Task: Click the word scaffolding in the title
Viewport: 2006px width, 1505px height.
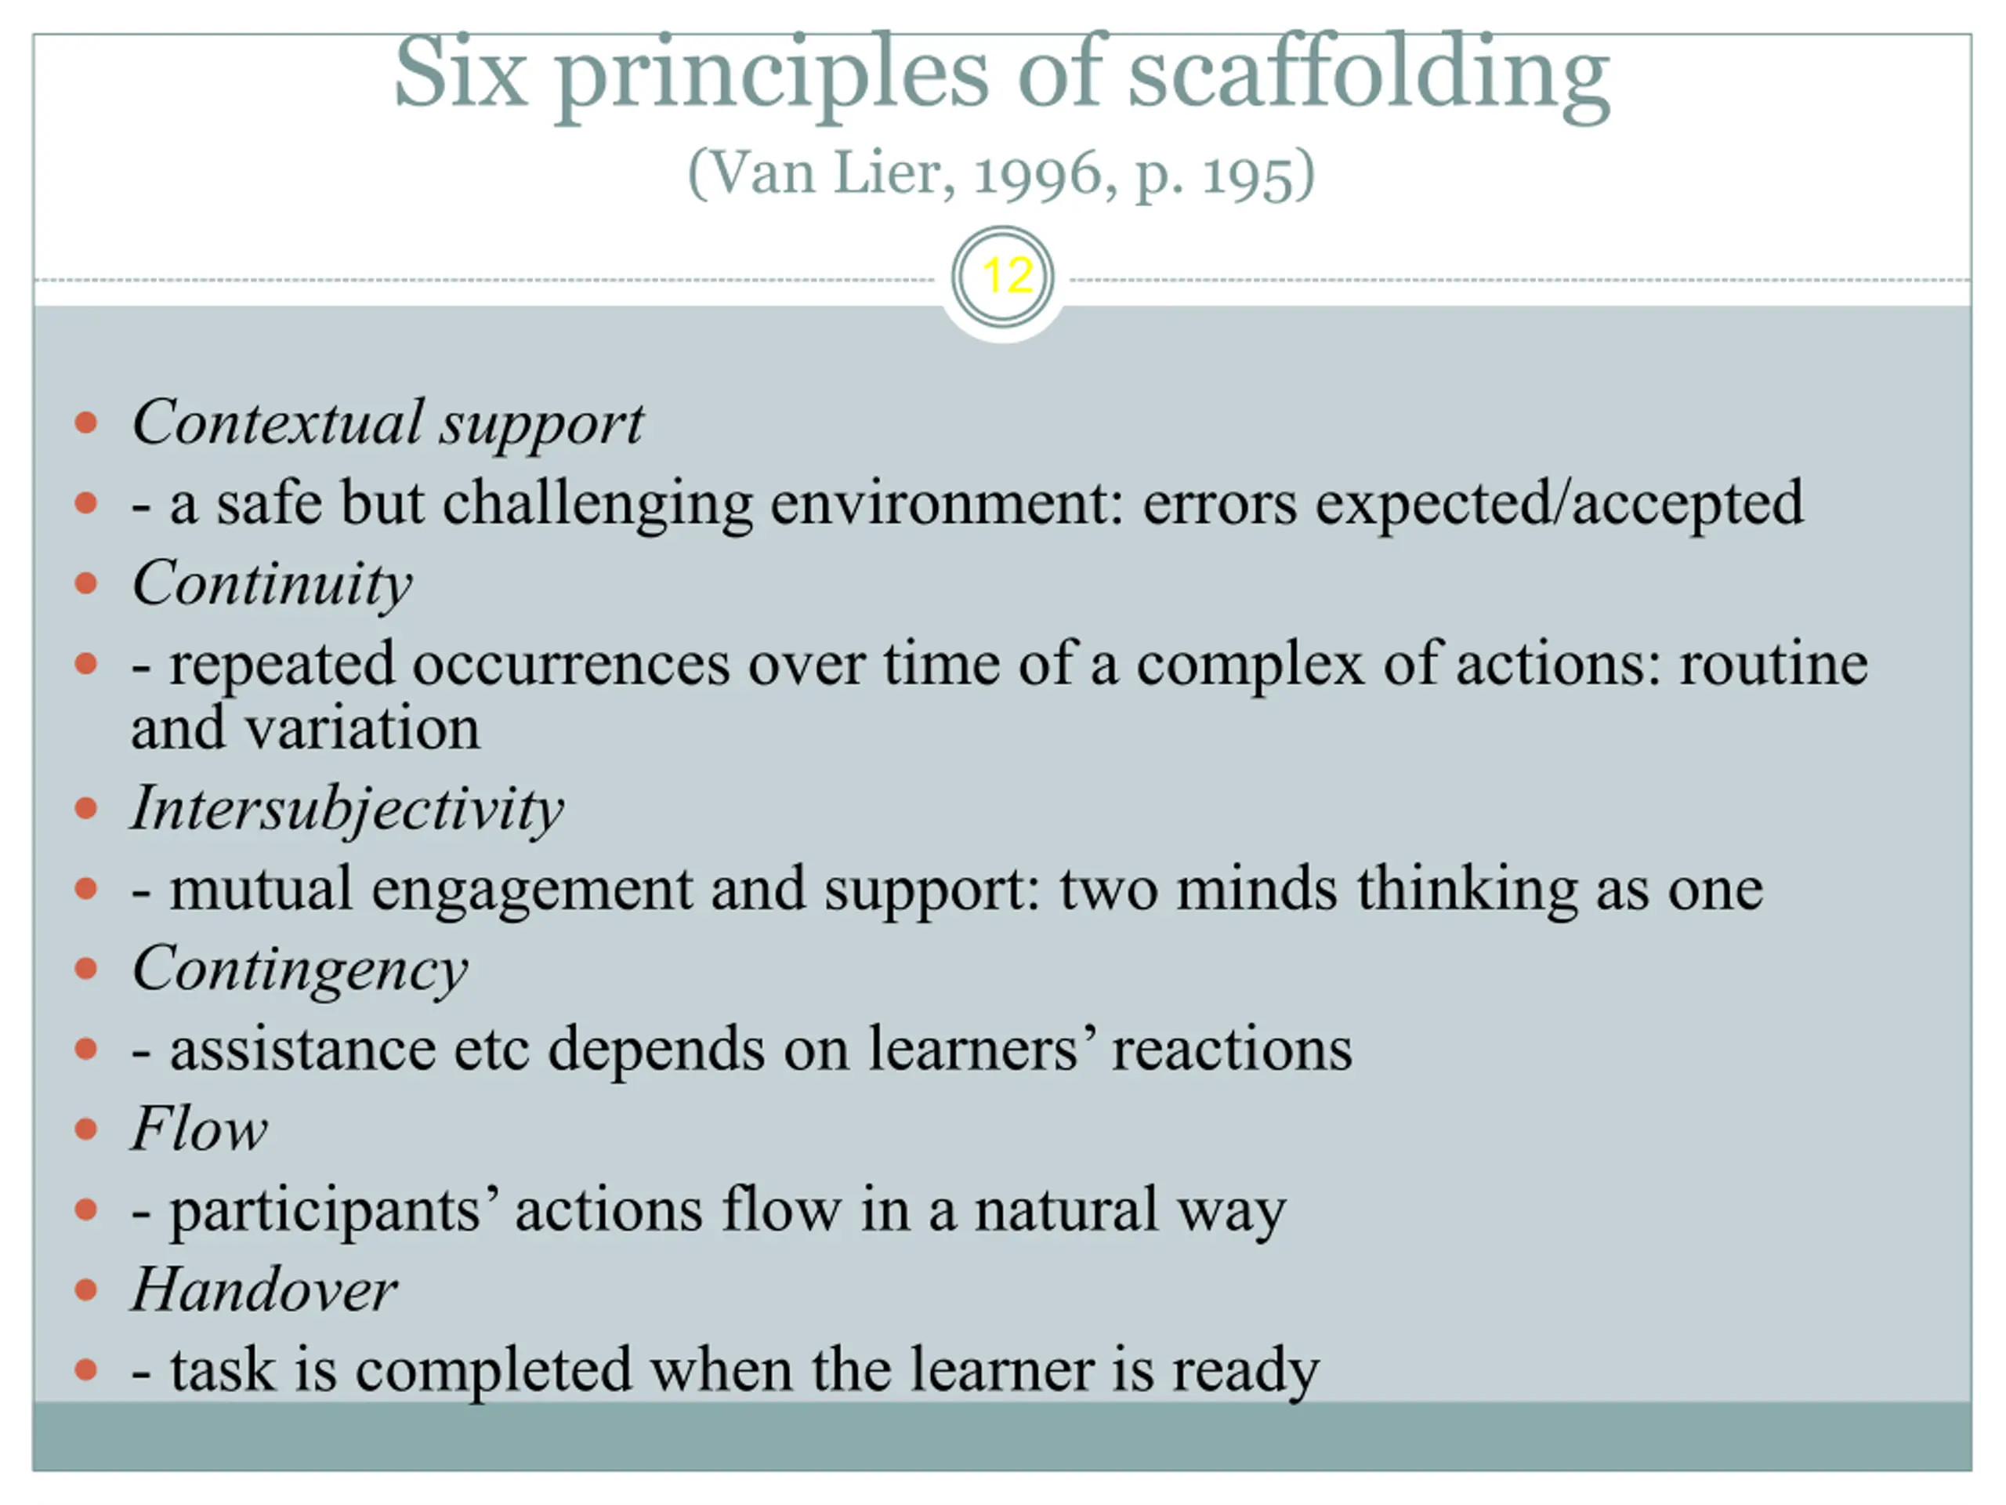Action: click(1370, 76)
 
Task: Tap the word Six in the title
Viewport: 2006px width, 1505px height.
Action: click(461, 73)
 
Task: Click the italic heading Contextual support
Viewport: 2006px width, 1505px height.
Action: click(388, 423)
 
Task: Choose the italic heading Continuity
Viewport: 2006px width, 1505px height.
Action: click(272, 584)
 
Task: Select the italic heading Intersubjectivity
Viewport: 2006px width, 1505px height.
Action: click(347, 809)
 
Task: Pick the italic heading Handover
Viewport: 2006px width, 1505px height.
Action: click(264, 1289)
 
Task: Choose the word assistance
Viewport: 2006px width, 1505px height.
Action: click(303, 1050)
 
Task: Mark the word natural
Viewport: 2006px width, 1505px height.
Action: click(1066, 1209)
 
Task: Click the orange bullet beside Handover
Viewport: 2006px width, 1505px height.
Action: click(86, 1290)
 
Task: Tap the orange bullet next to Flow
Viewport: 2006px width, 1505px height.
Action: click(86, 1130)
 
